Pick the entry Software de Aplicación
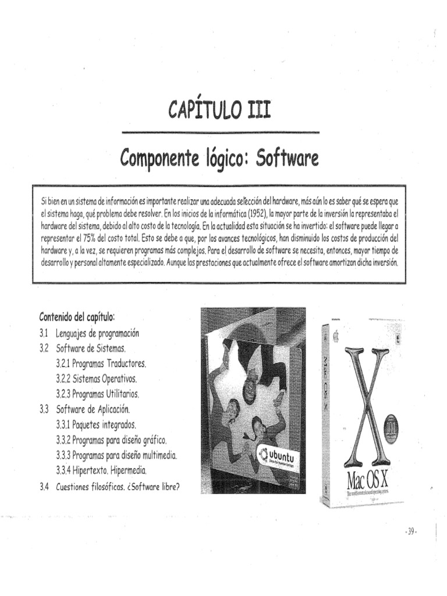coord(92,409)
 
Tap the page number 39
coord(411,531)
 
